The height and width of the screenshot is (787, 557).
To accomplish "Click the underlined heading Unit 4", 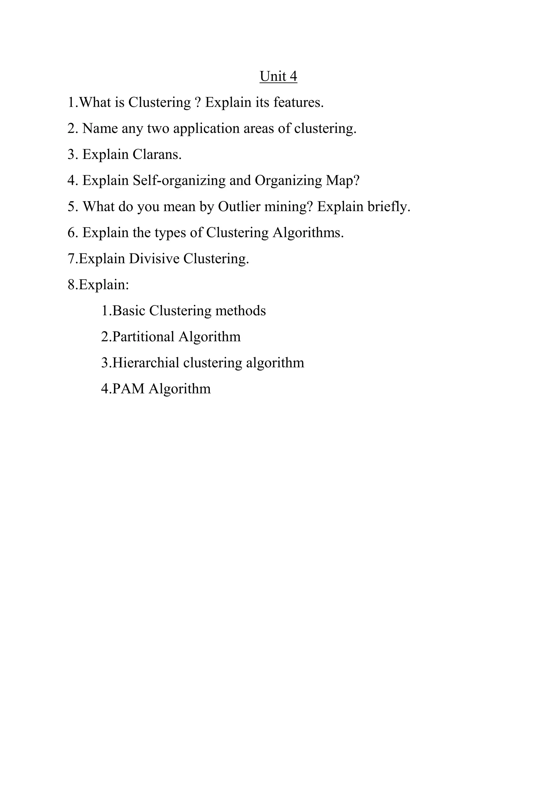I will pos(278,76).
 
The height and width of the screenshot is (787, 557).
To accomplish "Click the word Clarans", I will pos(157,155).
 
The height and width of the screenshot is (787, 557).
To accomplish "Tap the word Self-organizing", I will pos(179,181).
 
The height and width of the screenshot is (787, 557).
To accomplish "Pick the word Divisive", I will pos(154,259).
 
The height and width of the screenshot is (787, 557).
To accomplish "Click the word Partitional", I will pos(143,337).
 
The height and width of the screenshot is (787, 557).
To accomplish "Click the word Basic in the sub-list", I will pos(129,311).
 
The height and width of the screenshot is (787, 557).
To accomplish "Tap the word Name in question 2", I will pos(100,129).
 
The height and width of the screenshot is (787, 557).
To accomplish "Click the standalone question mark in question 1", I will pos(197,102).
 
